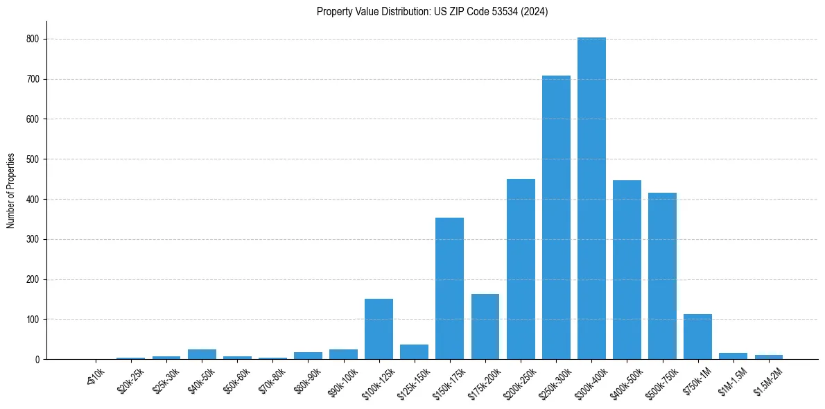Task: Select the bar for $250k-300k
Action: click(x=556, y=218)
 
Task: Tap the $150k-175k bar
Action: click(x=449, y=288)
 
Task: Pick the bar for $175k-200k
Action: click(x=485, y=327)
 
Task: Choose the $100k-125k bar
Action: click(x=379, y=329)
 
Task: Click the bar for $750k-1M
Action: click(x=697, y=337)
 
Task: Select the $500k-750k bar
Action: click(x=662, y=276)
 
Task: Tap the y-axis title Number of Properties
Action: click(x=11, y=191)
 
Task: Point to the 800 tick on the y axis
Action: click(x=33, y=40)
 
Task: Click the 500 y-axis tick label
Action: click(x=33, y=159)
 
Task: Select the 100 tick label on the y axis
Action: click(x=33, y=320)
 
